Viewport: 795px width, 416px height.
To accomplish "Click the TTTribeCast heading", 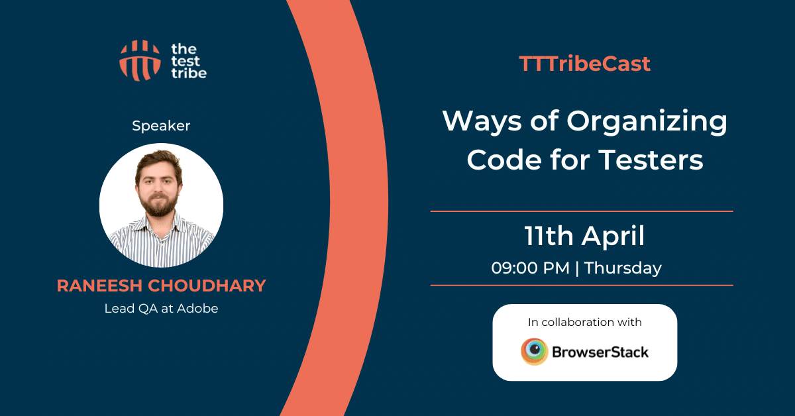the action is coord(584,64).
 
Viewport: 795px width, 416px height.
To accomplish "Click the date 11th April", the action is coord(584,236).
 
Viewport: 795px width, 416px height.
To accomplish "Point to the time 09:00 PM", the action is coord(530,268).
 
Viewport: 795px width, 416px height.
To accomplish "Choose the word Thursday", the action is coord(623,269).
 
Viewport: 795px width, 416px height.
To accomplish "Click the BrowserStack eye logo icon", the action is coord(534,351).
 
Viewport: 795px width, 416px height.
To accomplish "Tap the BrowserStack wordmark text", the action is coord(600,352).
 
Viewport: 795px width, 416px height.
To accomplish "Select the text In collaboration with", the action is coord(584,322).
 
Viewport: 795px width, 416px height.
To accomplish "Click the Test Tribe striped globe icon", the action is coord(140,60).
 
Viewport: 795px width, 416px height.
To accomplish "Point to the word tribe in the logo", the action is coord(189,73).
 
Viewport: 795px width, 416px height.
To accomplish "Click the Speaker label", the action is coord(161,126).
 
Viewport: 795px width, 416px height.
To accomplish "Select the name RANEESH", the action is coord(100,286).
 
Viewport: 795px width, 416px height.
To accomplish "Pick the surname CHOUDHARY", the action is coord(207,286).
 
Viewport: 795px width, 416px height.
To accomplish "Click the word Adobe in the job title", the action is coord(197,309).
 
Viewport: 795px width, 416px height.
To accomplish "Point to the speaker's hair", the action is coord(159,162).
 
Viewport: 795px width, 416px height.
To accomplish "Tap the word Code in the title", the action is coord(504,160).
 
